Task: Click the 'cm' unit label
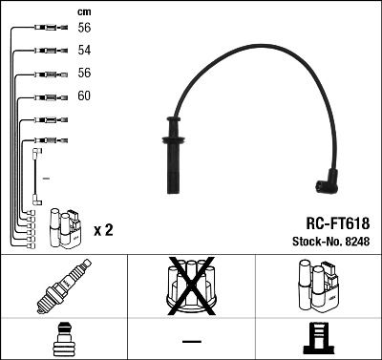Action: tap(82, 11)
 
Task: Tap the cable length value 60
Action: tap(84, 96)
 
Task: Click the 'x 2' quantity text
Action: tap(104, 231)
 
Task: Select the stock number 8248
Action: tap(355, 241)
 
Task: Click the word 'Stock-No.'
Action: tap(315, 241)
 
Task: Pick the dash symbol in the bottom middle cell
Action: tap(191, 341)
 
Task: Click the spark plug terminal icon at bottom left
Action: tap(63, 339)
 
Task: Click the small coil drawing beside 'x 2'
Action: tap(67, 226)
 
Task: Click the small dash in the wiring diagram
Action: tap(46, 178)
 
